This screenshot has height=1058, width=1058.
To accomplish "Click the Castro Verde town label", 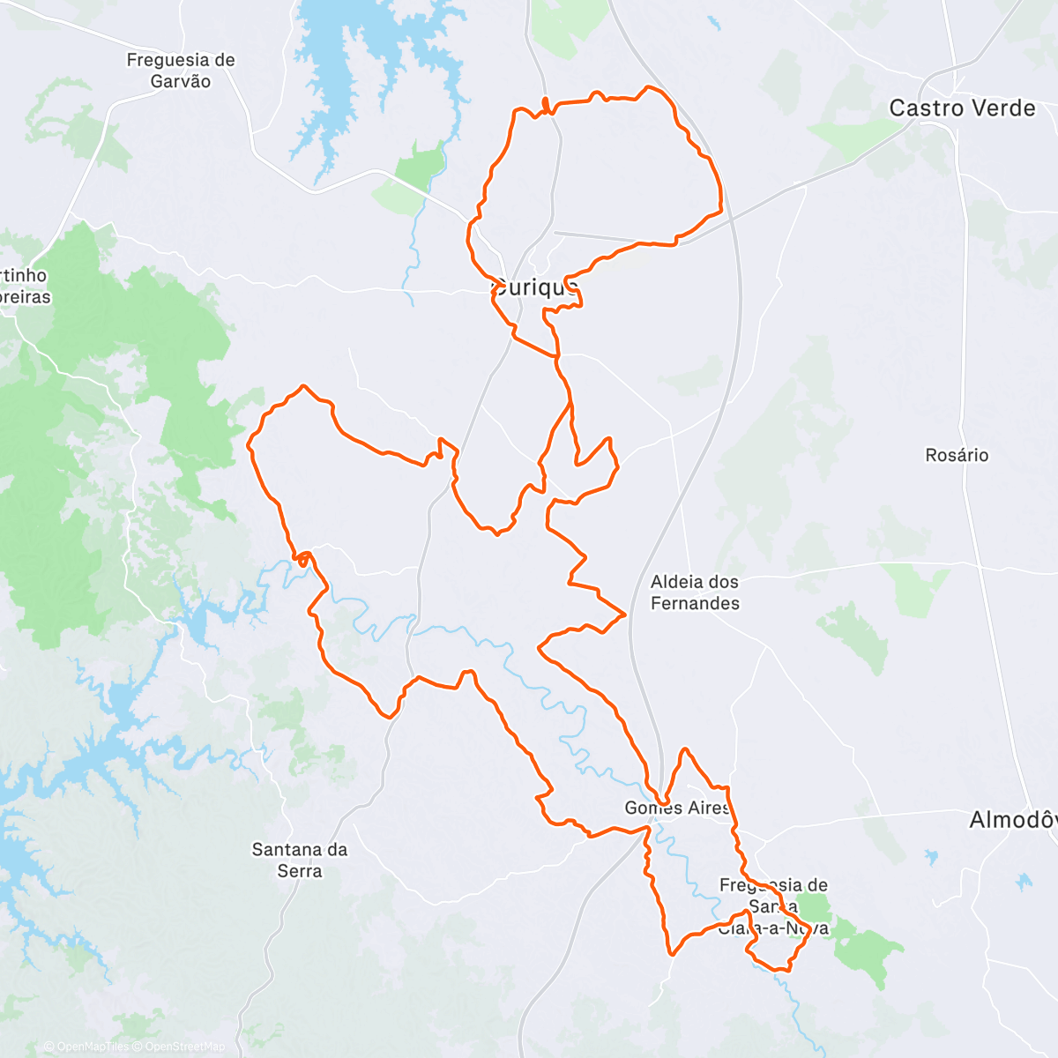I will (x=962, y=108).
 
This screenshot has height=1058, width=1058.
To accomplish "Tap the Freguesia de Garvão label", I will (x=181, y=71).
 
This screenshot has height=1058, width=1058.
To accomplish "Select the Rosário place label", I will (x=957, y=455).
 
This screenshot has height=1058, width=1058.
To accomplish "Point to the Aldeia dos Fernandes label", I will (x=695, y=592).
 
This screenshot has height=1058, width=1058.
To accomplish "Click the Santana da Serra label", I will (x=300, y=861).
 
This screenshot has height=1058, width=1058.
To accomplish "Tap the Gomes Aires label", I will (x=677, y=808).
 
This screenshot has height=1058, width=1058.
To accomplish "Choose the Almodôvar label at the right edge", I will (x=1012, y=820).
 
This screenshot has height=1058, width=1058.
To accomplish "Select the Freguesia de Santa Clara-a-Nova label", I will (x=773, y=906).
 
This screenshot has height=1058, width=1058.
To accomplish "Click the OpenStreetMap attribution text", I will (x=184, y=1047).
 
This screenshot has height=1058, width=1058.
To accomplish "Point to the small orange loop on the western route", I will (x=302, y=558).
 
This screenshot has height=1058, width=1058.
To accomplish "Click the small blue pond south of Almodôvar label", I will (x=1024, y=881).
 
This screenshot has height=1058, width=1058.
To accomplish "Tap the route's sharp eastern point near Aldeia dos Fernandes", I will (x=625, y=613).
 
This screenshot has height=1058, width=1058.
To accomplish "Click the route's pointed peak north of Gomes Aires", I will (x=683, y=750).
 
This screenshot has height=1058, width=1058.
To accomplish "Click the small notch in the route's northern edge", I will (x=546, y=104).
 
